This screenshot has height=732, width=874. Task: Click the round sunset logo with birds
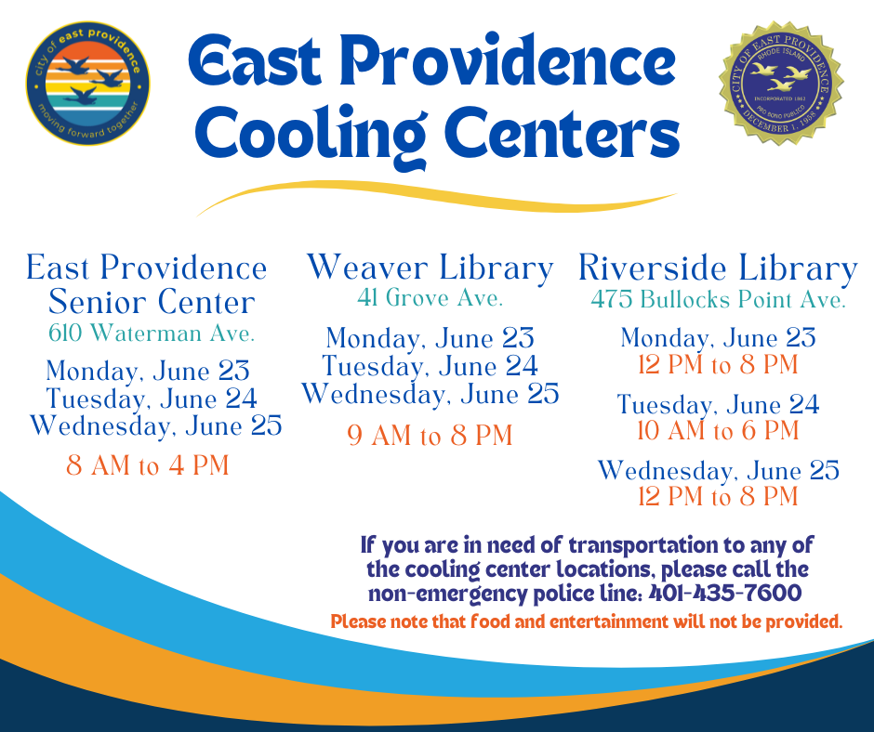click(x=87, y=84)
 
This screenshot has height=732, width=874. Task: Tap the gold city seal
click(x=781, y=84)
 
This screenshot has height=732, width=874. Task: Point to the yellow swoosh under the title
click(x=436, y=198)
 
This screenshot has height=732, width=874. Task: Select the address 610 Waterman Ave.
click(x=152, y=333)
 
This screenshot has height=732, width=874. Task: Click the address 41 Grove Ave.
click(x=430, y=297)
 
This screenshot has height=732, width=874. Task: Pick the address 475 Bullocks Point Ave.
click(x=719, y=299)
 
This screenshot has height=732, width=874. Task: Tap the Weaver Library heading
click(x=430, y=268)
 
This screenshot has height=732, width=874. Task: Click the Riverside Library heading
click(x=718, y=268)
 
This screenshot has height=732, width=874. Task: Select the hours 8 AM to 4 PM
click(x=148, y=465)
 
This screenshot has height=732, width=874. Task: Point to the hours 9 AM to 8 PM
click(x=430, y=435)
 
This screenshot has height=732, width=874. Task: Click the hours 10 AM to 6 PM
click(x=719, y=430)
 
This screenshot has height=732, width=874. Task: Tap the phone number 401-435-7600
click(x=725, y=593)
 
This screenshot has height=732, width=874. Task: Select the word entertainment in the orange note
click(x=608, y=621)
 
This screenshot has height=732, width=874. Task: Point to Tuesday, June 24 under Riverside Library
click(x=719, y=404)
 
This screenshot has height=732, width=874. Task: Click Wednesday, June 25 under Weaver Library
click(x=430, y=394)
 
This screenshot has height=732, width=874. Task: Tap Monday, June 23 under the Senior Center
click(x=148, y=371)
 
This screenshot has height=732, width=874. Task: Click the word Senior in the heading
click(x=99, y=302)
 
